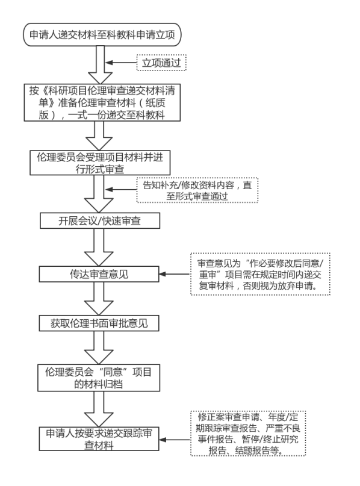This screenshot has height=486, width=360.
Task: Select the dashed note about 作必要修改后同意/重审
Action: coord(261,275)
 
